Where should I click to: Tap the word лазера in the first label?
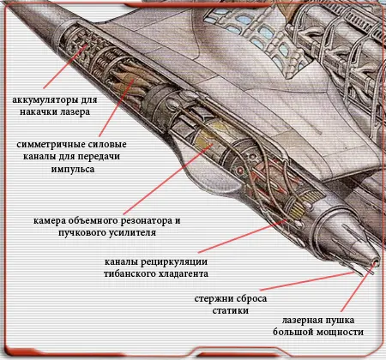click(x=75, y=111)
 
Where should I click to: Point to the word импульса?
click(x=73, y=169)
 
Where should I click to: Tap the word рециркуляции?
click(x=174, y=262)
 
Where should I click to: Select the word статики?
click(x=230, y=310)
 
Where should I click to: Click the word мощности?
click(x=340, y=333)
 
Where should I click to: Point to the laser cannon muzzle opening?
click(x=376, y=261)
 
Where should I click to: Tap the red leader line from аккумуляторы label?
click(x=65, y=66)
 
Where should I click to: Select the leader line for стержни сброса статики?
click(x=307, y=281)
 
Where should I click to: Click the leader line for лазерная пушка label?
click(x=358, y=287)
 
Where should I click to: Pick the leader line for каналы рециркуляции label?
click(x=243, y=237)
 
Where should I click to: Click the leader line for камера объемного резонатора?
click(x=168, y=179)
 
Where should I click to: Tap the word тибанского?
click(x=128, y=273)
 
